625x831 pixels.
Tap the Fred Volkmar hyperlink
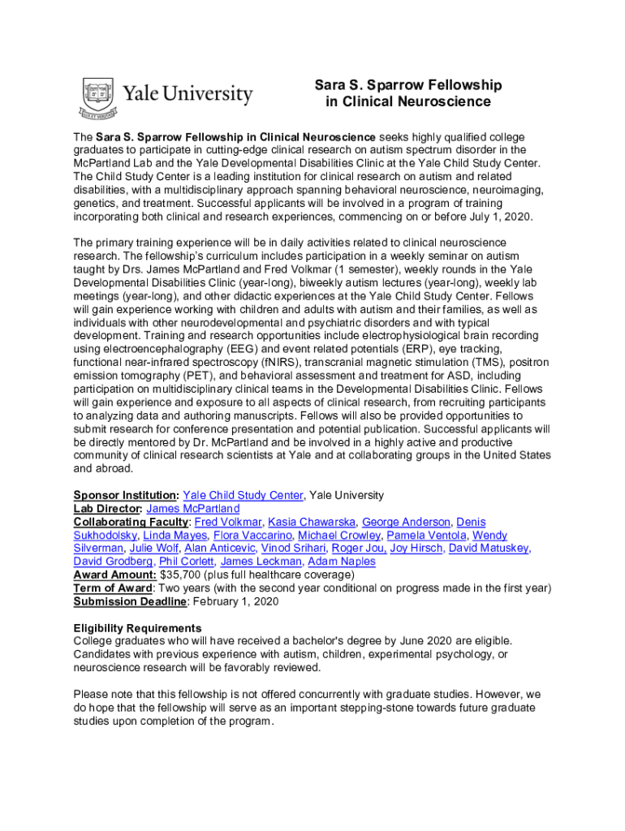click(x=228, y=522)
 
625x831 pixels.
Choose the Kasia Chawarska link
click(x=312, y=522)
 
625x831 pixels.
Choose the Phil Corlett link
click(x=186, y=562)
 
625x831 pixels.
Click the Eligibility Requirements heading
click(x=137, y=628)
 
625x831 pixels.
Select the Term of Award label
click(x=113, y=588)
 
